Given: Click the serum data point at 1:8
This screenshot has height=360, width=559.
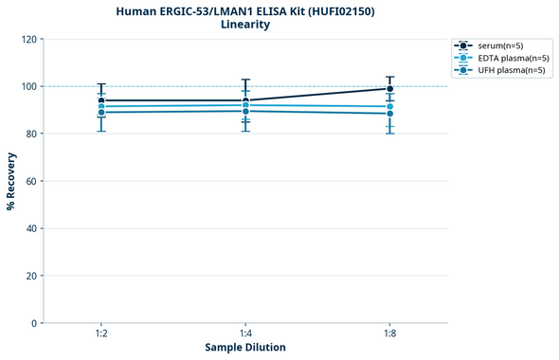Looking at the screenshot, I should tap(389, 89).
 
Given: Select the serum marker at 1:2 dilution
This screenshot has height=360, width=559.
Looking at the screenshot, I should tap(101, 100).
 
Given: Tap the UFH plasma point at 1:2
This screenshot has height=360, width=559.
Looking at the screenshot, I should tap(101, 113).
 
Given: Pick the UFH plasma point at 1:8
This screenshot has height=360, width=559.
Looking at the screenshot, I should tap(389, 114).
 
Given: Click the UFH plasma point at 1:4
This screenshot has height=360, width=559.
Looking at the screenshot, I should tap(245, 111).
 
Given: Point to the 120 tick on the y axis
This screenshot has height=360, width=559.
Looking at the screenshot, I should tap(28, 39).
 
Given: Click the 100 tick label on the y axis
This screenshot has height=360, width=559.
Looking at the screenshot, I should tap(28, 86).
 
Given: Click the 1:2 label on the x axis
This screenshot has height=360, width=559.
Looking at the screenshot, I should tap(101, 334).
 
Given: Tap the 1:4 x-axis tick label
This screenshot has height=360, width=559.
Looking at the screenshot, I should tap(245, 334).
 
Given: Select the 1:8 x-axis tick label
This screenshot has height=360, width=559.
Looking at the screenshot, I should tap(389, 334).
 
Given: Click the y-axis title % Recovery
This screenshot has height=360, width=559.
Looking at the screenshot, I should tap(11, 180).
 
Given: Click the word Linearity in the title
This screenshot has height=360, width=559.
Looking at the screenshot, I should tap(245, 25).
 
